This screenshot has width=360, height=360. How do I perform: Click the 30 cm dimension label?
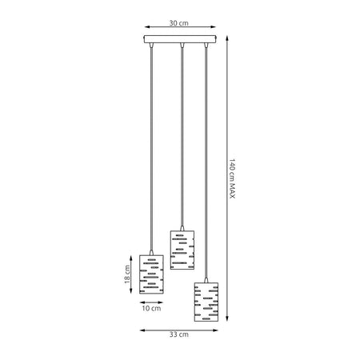(x=180, y=23)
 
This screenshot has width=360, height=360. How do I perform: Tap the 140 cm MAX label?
(x=232, y=178)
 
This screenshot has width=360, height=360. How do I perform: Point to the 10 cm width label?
(x=151, y=308)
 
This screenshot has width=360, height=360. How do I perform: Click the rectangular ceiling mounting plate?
(x=181, y=39)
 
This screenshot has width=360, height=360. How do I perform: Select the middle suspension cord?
(x=183, y=136)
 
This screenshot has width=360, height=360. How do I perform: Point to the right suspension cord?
(x=206, y=160)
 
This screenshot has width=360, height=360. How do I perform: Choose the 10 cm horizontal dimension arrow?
(x=151, y=301)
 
